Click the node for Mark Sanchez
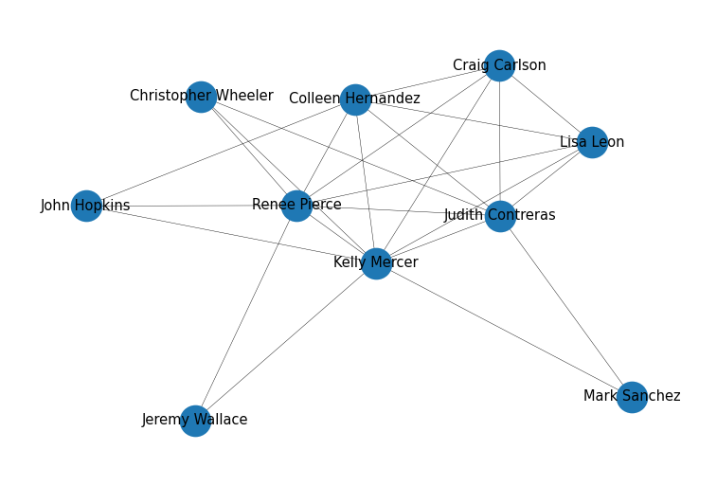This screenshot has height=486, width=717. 632,397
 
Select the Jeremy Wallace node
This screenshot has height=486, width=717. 195,421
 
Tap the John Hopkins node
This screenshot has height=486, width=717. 86,206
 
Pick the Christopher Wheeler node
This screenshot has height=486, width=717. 201,97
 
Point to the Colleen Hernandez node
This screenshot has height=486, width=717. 355,99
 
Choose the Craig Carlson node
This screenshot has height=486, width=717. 499,66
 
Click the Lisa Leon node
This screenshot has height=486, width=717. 592,142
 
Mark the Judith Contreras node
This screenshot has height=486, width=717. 500,216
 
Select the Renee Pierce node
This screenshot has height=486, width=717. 296,206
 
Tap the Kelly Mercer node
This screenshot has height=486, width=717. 376,263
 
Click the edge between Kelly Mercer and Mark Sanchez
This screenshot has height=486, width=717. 504,330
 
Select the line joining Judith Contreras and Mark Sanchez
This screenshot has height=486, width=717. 565,306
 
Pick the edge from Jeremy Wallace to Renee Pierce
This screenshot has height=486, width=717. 246,313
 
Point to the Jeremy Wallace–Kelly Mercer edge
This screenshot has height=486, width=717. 285,342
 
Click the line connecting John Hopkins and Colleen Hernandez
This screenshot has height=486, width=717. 221,153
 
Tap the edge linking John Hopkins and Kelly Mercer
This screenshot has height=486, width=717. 231,234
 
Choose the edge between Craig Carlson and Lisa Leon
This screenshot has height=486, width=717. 546,104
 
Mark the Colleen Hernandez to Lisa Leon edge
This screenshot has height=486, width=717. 474,121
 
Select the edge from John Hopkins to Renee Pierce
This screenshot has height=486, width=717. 191,206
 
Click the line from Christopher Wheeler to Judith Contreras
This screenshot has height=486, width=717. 350,156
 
